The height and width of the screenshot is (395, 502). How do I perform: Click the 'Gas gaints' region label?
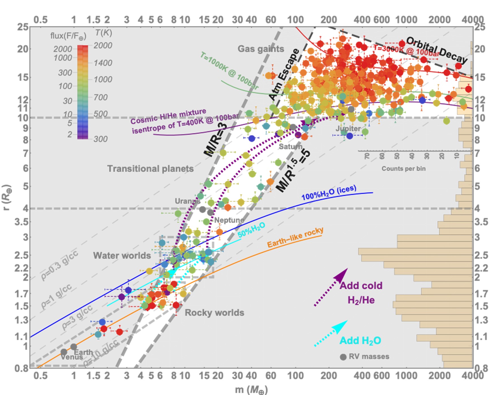point(261,49)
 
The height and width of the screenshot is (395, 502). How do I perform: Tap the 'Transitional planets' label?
point(150,169)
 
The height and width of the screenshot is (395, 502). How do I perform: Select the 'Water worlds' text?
point(122,255)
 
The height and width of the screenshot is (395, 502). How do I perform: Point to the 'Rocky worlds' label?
point(214,313)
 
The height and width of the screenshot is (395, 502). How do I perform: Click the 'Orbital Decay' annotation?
point(436,50)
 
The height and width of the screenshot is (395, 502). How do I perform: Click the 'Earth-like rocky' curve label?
point(295,237)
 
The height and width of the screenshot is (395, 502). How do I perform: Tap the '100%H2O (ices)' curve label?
point(329,193)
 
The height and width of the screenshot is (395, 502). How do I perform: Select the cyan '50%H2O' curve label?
point(251,230)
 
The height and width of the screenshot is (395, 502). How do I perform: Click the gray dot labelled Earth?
point(73,347)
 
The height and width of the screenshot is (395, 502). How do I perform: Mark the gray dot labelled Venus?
point(64,352)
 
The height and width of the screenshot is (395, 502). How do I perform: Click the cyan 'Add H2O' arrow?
point(331,333)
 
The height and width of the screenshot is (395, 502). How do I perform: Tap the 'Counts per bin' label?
point(403,169)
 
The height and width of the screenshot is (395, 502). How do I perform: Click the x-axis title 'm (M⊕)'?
point(251,390)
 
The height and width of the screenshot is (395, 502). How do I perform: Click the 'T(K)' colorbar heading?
point(103,33)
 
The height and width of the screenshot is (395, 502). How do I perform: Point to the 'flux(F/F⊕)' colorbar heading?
point(68,36)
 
